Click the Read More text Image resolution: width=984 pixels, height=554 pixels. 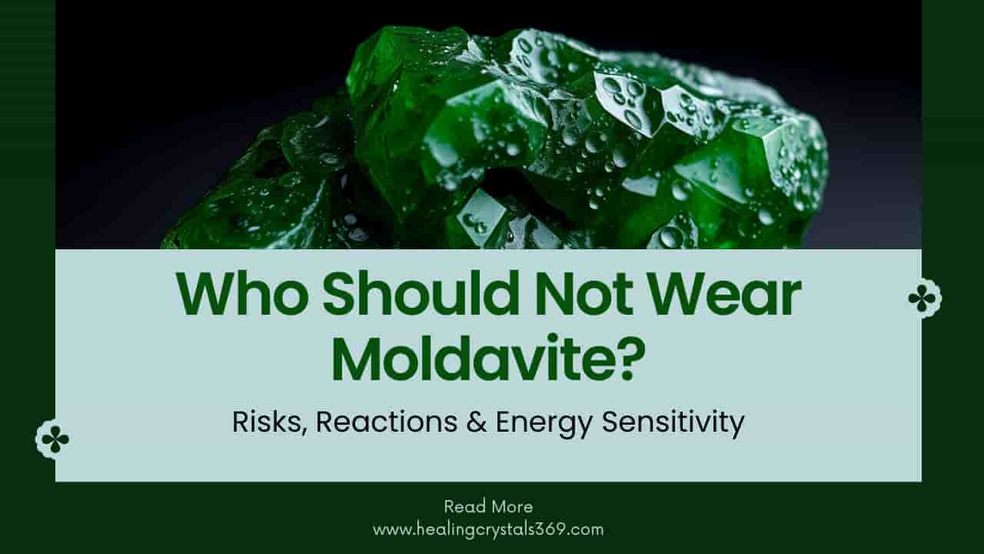pos(488,506)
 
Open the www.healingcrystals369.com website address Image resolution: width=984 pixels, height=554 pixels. pos(488,529)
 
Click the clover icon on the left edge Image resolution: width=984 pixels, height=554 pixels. pos(55,439)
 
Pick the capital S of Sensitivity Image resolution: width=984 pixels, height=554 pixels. pos(609,422)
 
